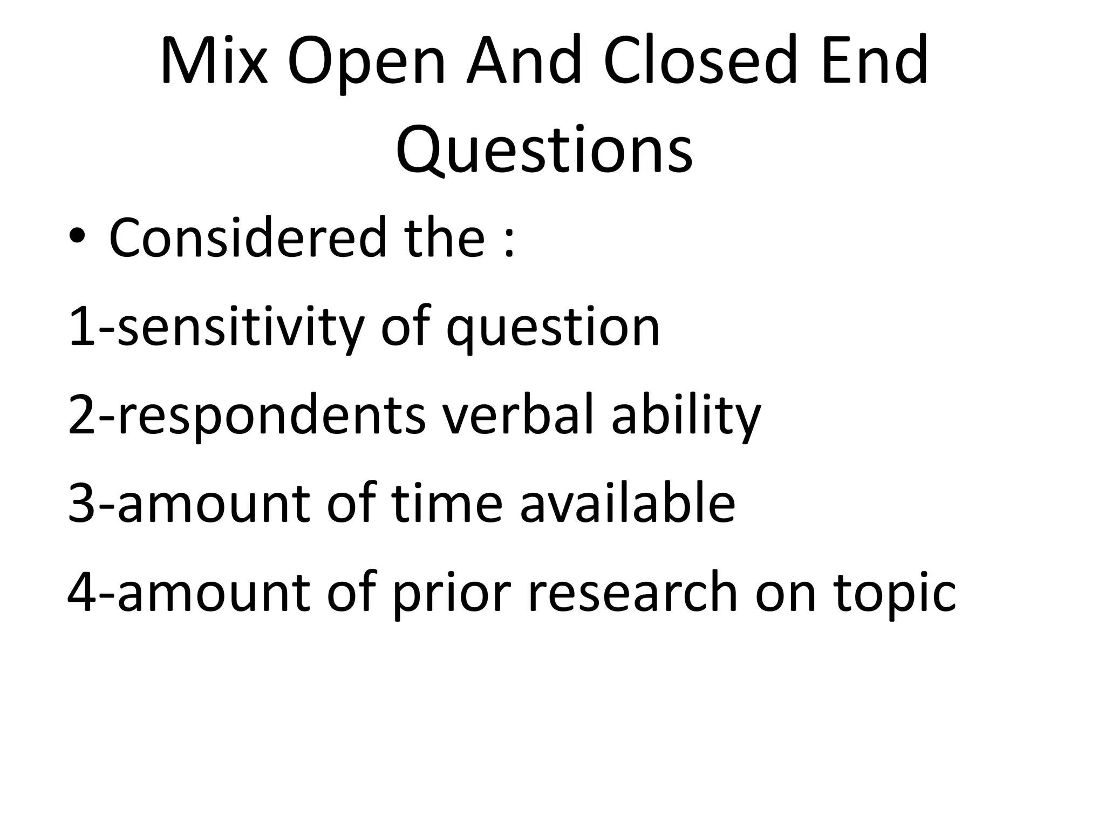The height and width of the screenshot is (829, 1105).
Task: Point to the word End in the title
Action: tap(875, 60)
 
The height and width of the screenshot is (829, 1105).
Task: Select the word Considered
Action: tap(248, 237)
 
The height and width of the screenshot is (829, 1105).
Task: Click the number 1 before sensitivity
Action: tap(81, 327)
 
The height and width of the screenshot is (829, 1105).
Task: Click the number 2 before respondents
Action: tap(81, 416)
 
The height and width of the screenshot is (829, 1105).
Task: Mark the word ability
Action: tap(686, 416)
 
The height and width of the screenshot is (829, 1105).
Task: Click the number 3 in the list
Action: tap(81, 504)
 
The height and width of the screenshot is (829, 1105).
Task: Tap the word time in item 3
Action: tap(447, 504)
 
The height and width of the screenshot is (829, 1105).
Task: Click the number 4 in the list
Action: tap(81, 593)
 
